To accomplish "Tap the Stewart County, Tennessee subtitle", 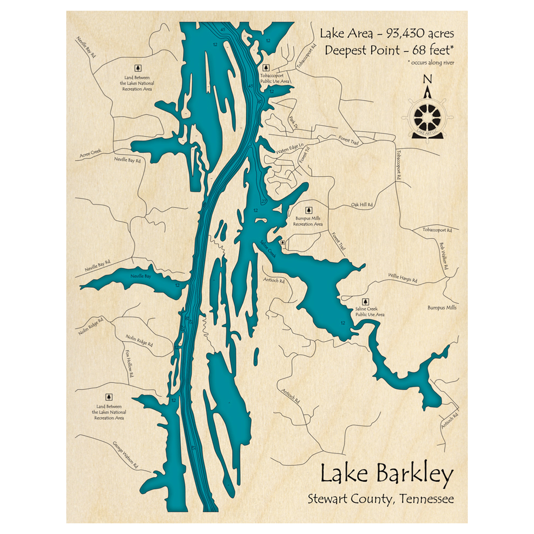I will point(380,499).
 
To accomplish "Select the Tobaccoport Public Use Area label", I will point(274,79).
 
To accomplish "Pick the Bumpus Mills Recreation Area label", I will point(308,222).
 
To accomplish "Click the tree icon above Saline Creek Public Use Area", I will point(366,301).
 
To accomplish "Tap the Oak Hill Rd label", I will point(362,205).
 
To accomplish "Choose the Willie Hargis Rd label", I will point(402,278).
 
